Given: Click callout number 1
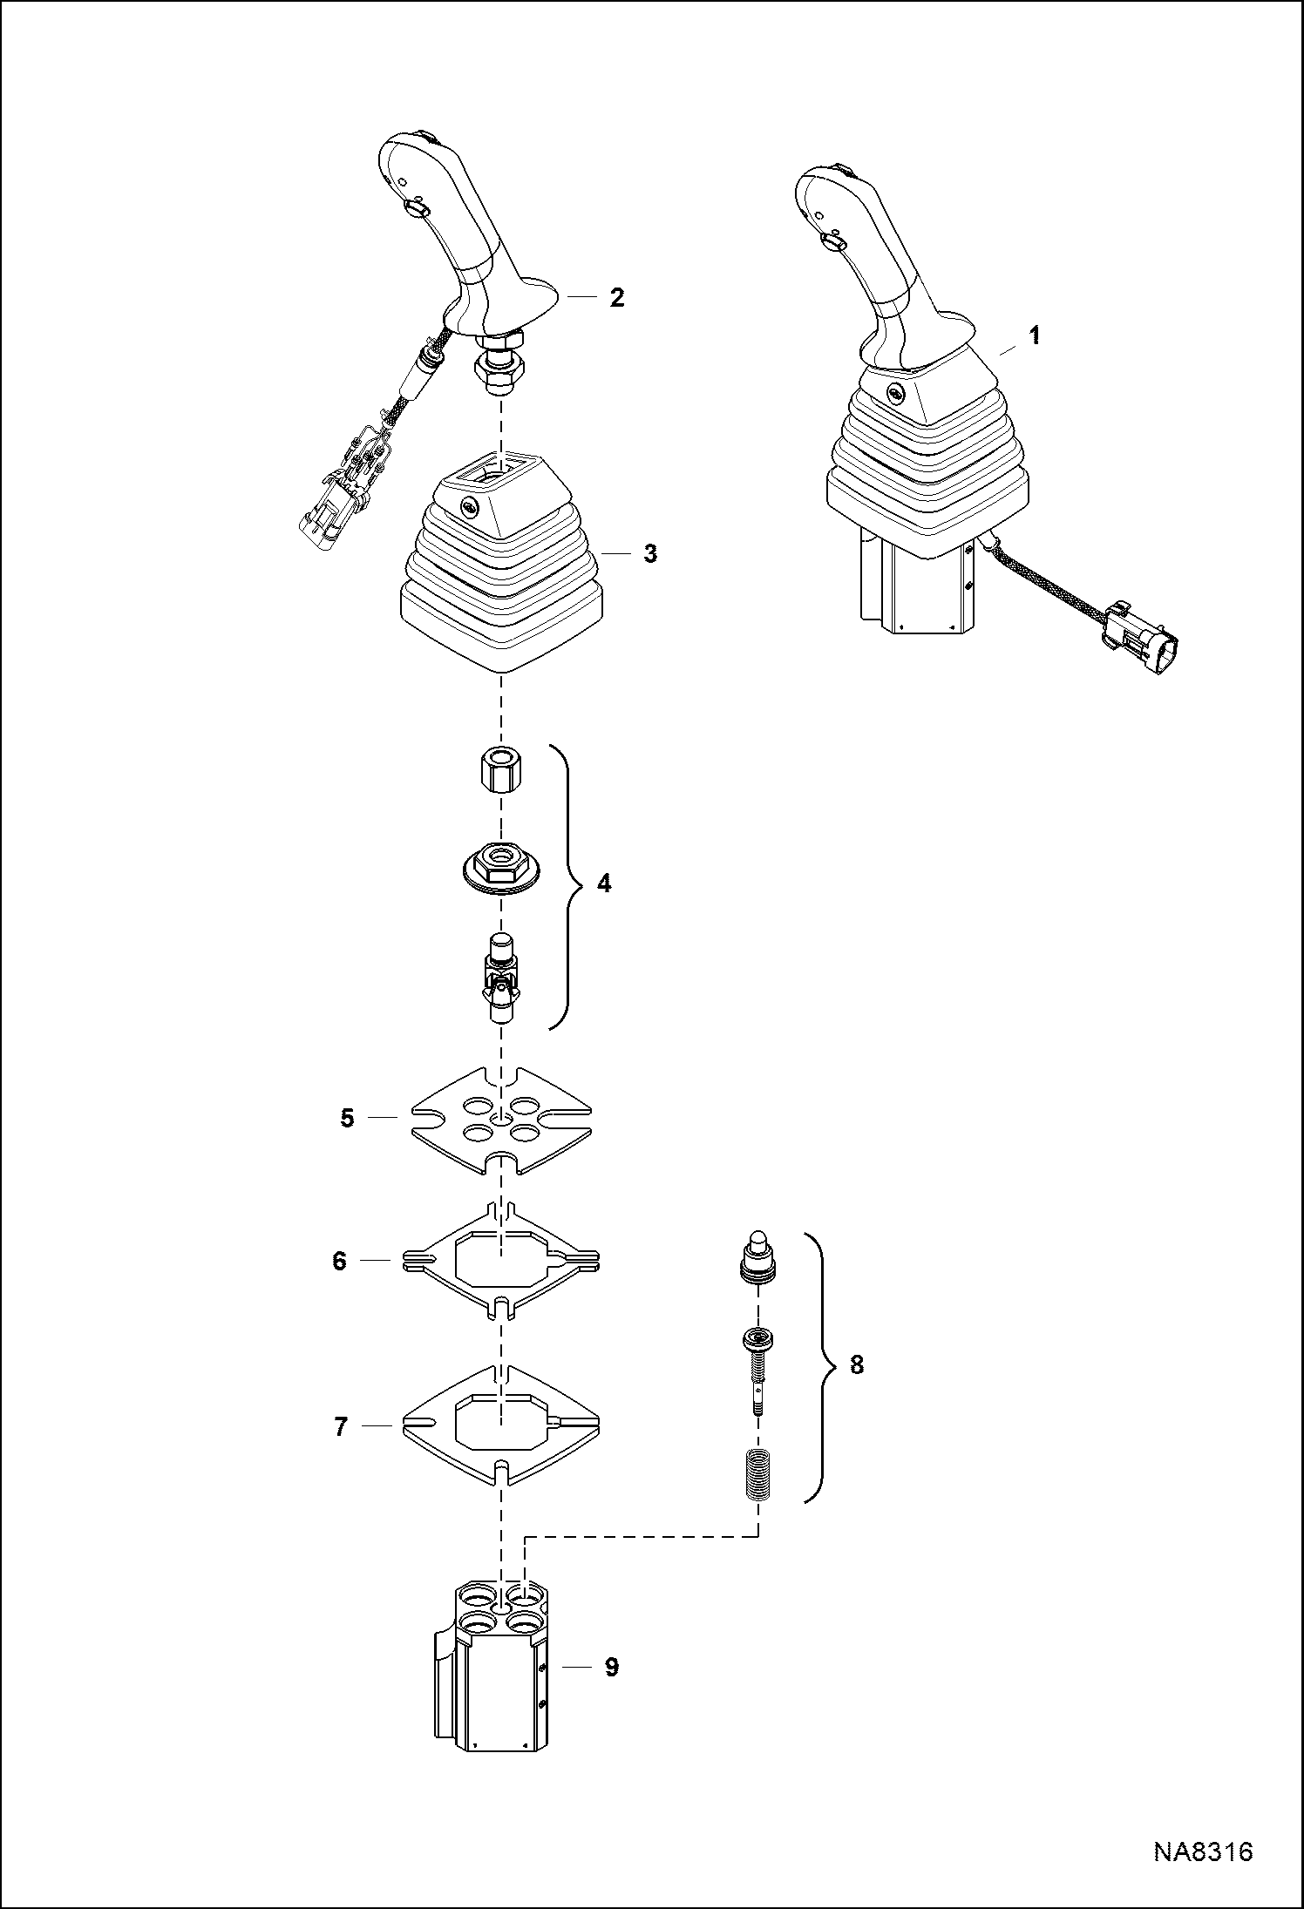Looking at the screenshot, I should click(x=1035, y=335).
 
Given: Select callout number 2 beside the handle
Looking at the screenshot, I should click(x=616, y=297).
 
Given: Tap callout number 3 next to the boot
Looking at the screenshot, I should click(x=649, y=553).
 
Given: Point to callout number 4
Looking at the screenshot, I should click(x=603, y=883).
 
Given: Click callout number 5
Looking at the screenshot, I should click(x=347, y=1118).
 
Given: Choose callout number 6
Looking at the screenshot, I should click(x=340, y=1261).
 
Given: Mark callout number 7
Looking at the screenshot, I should click(x=341, y=1426).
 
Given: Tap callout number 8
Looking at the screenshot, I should click(x=856, y=1365).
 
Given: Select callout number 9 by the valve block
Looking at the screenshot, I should click(x=611, y=1667).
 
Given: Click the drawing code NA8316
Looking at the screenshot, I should click(x=1203, y=1870).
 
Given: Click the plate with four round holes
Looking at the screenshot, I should click(x=500, y=1120).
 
